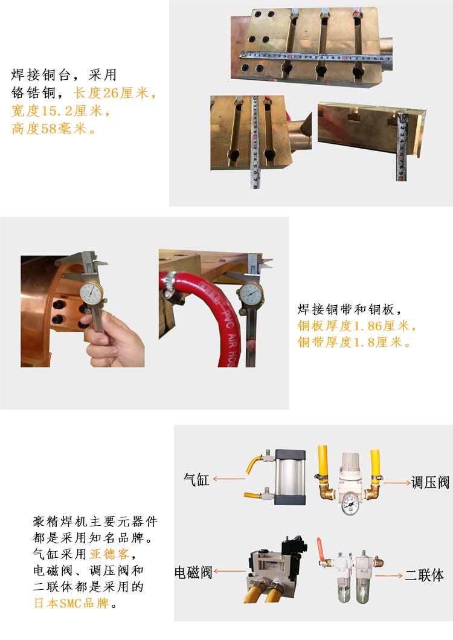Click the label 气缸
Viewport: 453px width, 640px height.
pyautogui.click(x=196, y=480)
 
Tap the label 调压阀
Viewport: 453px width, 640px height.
pyautogui.click(x=431, y=482)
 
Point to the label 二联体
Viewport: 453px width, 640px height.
pyautogui.click(x=424, y=575)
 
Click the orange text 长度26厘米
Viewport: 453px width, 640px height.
pyautogui.click(x=114, y=94)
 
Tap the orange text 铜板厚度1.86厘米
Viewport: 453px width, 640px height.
pyautogui.click(x=356, y=326)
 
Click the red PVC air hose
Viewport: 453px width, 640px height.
pyautogui.click(x=217, y=314)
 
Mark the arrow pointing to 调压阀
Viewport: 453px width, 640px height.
pyautogui.click(x=396, y=482)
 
